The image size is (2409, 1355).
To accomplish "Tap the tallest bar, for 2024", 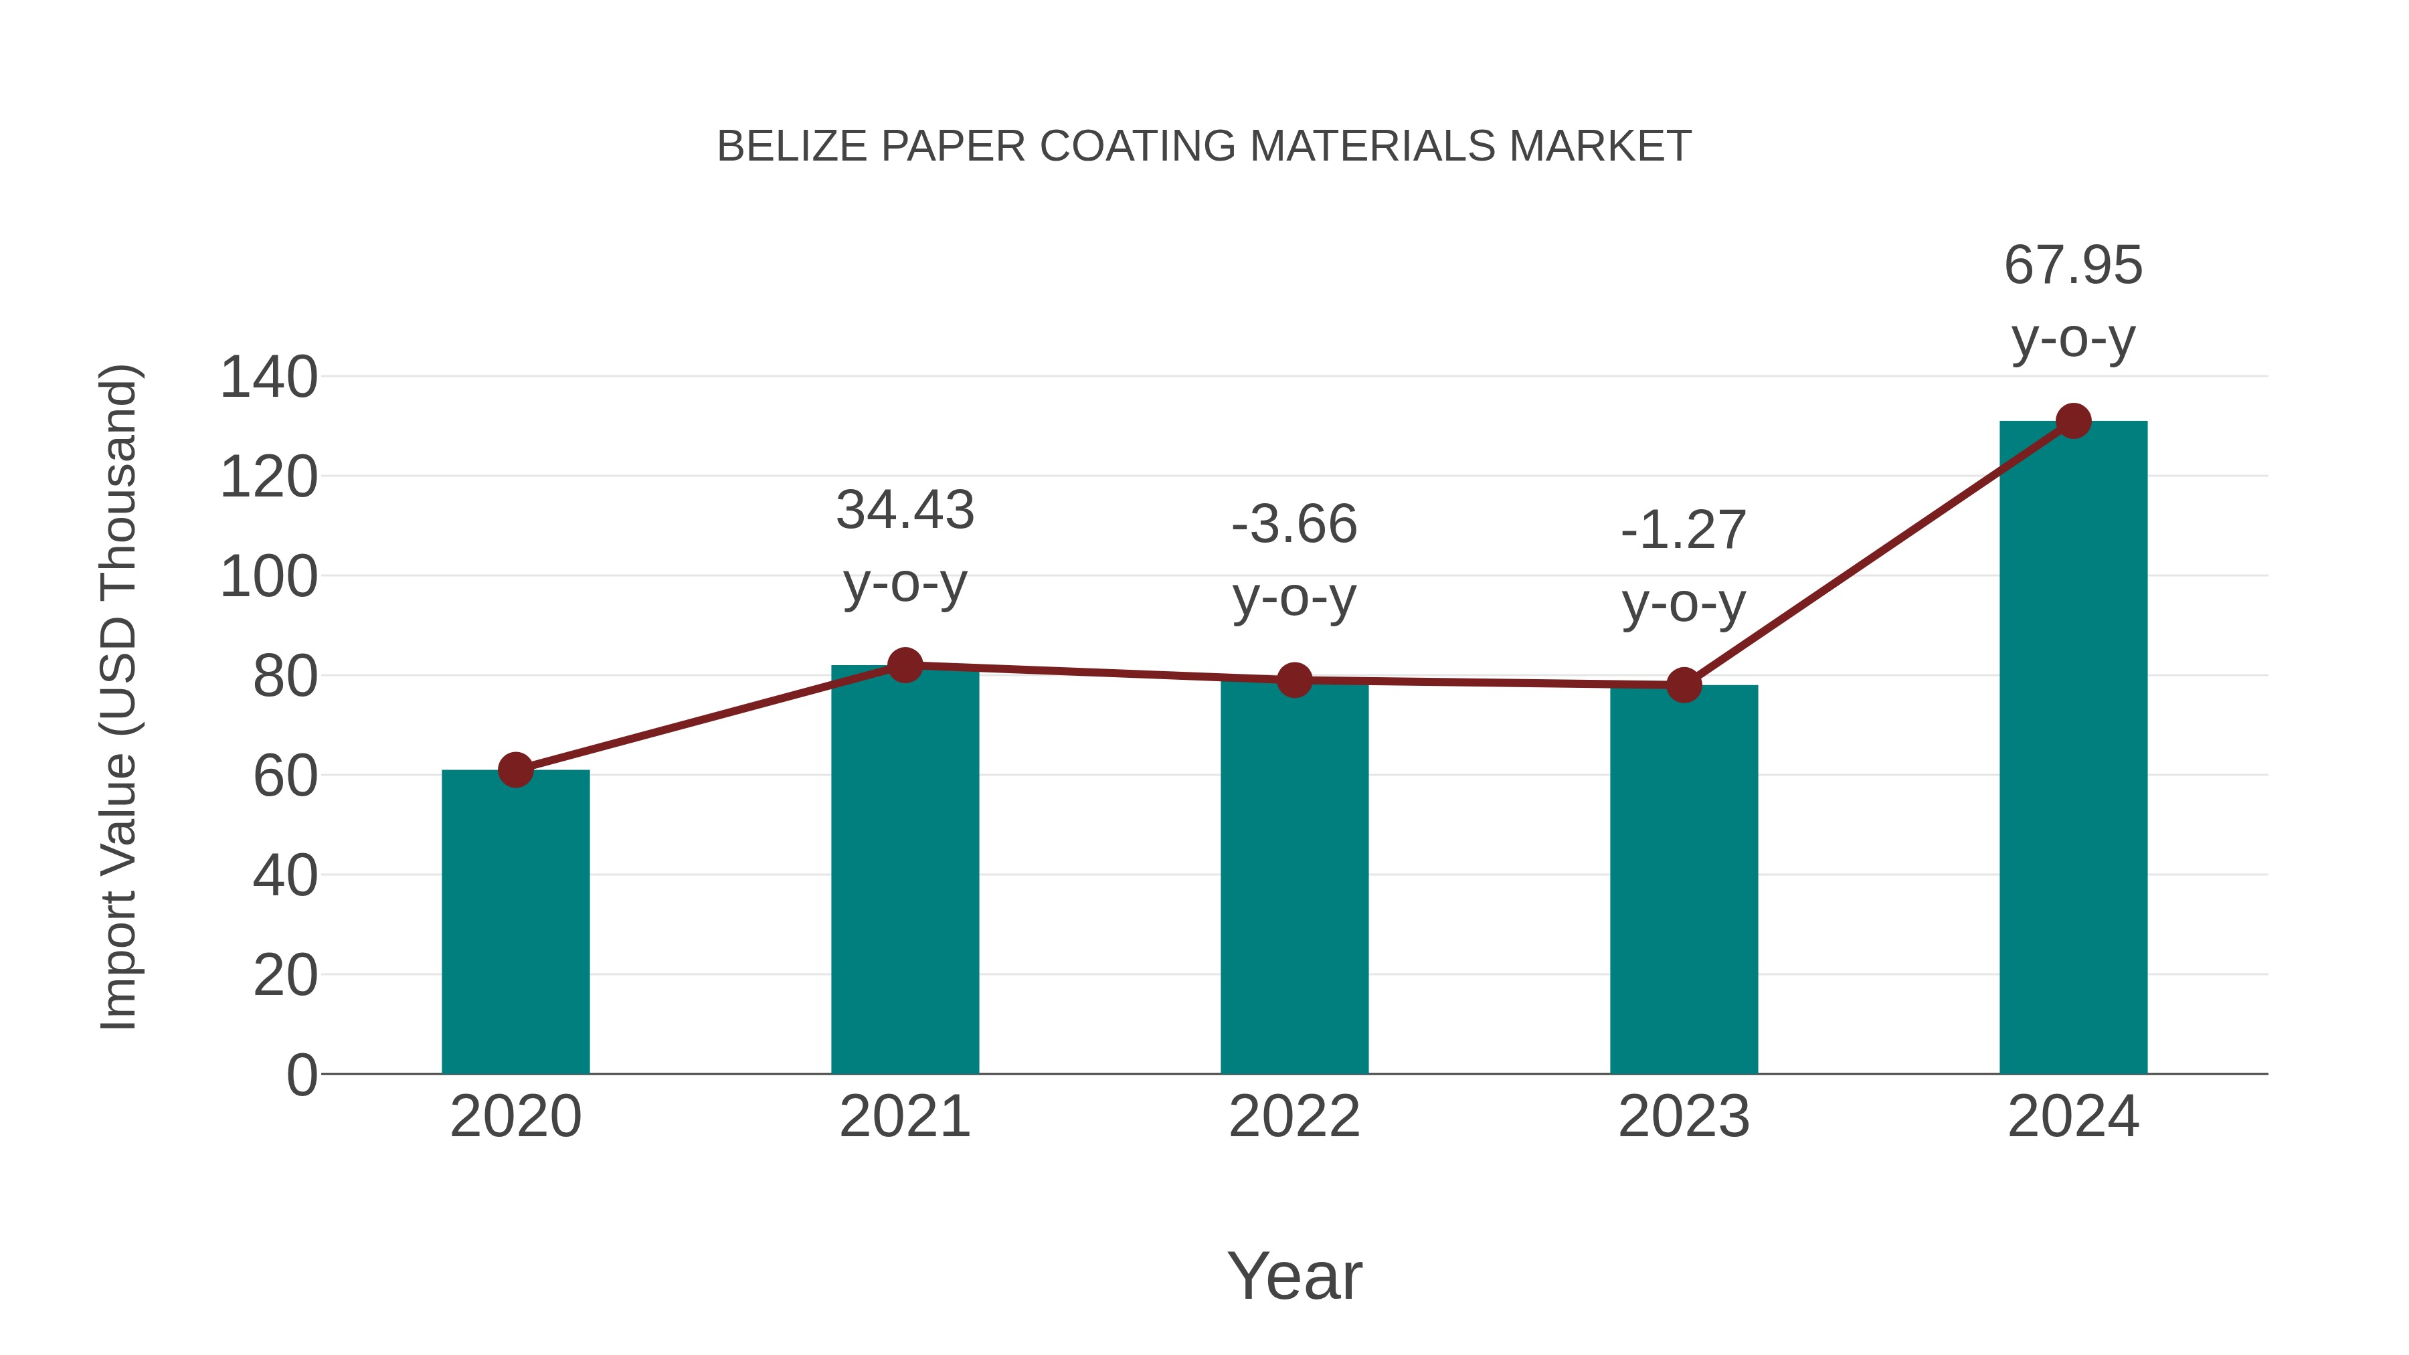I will click(2073, 748).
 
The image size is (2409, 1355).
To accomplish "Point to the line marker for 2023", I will click(1684, 685).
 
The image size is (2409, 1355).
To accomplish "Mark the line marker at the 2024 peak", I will click(2073, 421).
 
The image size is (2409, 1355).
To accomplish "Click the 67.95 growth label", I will click(2073, 266).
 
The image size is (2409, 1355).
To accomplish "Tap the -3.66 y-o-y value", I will click(1294, 524).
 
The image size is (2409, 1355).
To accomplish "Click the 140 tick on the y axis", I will click(268, 378).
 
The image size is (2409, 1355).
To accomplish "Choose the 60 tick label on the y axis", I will click(285, 776).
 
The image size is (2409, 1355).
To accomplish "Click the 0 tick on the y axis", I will click(302, 1075).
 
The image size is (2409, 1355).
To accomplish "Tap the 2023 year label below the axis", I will click(1684, 1117).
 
